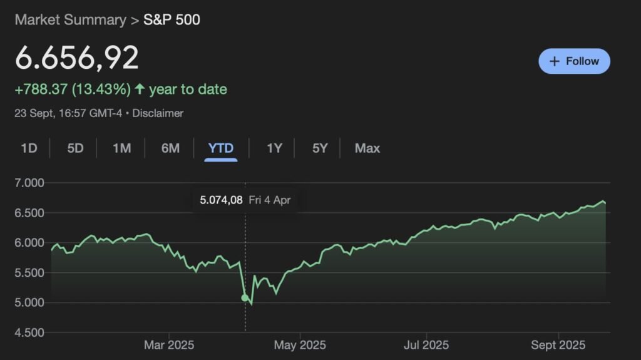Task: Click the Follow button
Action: click(574, 61)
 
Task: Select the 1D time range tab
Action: click(29, 148)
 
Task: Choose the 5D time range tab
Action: click(75, 148)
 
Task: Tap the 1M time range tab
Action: click(121, 148)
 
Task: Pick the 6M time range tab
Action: click(170, 148)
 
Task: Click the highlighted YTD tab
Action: click(221, 148)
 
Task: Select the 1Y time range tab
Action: click(274, 148)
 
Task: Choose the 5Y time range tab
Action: click(320, 148)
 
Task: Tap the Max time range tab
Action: click(367, 148)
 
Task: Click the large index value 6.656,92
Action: click(76, 58)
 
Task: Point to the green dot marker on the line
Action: click(245, 297)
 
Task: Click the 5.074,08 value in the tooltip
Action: click(220, 201)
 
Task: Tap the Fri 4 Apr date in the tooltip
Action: click(270, 201)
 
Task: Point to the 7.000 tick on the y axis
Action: click(29, 183)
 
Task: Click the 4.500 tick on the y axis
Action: click(29, 332)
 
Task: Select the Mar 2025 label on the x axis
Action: click(169, 345)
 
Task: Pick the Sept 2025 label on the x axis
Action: click(558, 345)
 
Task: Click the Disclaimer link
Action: click(158, 113)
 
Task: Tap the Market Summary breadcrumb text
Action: click(70, 19)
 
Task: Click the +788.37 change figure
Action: click(41, 90)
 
